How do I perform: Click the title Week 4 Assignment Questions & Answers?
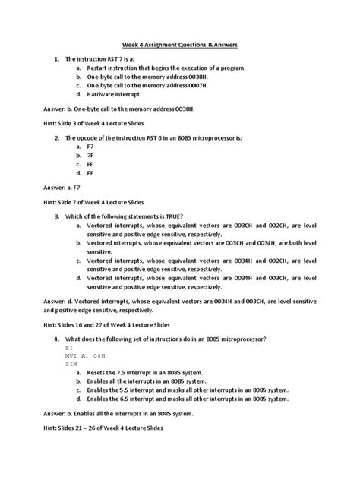[181, 45]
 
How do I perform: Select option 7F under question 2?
[90, 153]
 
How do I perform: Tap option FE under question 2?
[90, 163]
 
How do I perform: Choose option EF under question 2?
[90, 173]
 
